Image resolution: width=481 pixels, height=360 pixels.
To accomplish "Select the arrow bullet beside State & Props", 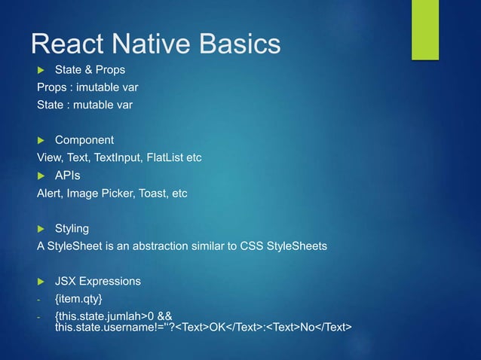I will (x=42, y=70).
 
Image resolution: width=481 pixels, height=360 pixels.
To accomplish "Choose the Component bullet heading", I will (x=84, y=140).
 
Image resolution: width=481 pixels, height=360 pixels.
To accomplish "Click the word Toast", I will (x=152, y=193).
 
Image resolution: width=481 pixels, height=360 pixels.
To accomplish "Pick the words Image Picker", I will (x=102, y=193).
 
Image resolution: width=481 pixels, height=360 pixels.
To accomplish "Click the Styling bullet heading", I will (x=72, y=228).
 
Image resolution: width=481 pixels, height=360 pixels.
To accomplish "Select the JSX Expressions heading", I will (x=98, y=281).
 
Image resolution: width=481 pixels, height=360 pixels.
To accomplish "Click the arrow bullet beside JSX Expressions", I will (x=42, y=281).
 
